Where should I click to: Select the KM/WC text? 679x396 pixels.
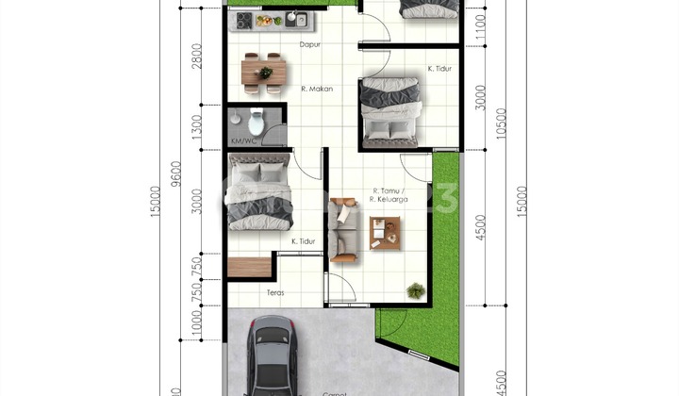coord(242,141)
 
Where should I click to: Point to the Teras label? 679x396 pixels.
coord(274,291)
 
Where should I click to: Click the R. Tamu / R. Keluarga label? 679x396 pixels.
coord(389,195)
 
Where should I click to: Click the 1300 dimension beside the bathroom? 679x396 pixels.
coord(196,126)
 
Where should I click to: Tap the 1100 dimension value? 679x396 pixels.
coord(481,25)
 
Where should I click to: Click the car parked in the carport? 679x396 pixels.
coord(273,355)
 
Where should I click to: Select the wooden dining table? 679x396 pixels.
coord(264,73)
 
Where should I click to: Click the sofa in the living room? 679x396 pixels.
coord(343,229)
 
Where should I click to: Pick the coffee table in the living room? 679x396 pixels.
coord(385,233)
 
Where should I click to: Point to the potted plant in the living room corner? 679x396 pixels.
coord(415,291)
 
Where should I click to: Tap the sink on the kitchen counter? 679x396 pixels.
coord(293,18)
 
